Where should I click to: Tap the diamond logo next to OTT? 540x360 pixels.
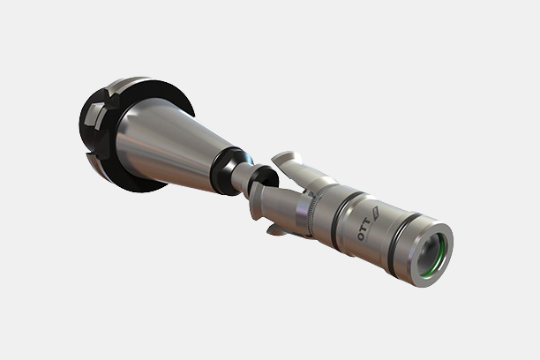click(x=375, y=213)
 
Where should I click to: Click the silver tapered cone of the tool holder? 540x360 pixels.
click(x=165, y=145)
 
